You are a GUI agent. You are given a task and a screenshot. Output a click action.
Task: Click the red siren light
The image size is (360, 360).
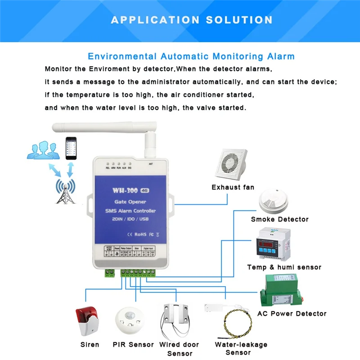87,321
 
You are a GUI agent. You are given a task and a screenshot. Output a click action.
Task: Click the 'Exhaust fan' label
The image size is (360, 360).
233,187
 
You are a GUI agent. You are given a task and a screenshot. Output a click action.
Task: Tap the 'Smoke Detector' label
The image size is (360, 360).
279,219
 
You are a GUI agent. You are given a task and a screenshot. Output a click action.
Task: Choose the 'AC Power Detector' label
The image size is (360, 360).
292,313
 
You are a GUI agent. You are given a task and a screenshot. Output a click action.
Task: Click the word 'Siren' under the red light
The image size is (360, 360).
90,345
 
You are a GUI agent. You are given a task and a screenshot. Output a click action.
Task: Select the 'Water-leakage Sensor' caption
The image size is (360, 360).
240,349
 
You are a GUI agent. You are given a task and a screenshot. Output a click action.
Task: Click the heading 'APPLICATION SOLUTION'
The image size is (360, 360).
192,20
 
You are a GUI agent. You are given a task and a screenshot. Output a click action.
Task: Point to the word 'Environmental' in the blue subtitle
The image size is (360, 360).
122,57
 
